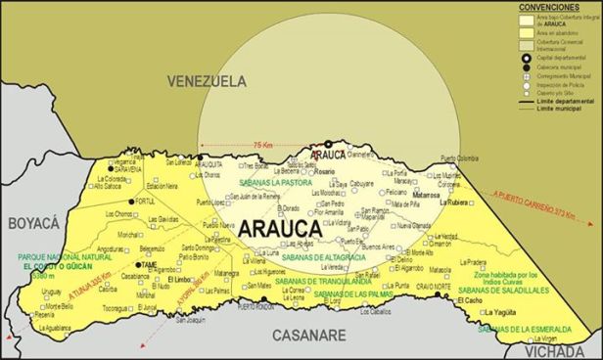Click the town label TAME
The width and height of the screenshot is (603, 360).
(149, 265)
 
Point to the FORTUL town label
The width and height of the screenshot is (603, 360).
(145, 201)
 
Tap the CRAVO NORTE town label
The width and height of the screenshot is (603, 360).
(432, 286)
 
